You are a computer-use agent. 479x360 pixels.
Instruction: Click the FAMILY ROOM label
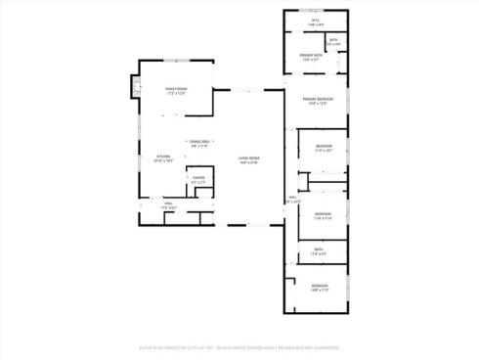coord(175,89)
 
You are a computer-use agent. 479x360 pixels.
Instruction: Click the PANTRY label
coord(198,179)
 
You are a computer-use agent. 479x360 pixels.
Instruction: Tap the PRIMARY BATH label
coord(312,55)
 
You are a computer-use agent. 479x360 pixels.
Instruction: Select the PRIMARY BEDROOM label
coord(314,99)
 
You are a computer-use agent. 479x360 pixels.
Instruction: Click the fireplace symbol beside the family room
coord(123,90)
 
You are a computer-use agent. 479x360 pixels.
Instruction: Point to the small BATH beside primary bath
coord(333,40)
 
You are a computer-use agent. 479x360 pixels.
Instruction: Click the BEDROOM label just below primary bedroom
coord(324,146)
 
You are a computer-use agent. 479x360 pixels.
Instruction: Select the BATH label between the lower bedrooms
coord(318,249)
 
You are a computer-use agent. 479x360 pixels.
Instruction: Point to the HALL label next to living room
coord(291,199)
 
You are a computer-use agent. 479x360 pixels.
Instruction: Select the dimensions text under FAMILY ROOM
coord(175,94)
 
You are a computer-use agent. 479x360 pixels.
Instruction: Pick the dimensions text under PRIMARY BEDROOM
coord(314,104)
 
